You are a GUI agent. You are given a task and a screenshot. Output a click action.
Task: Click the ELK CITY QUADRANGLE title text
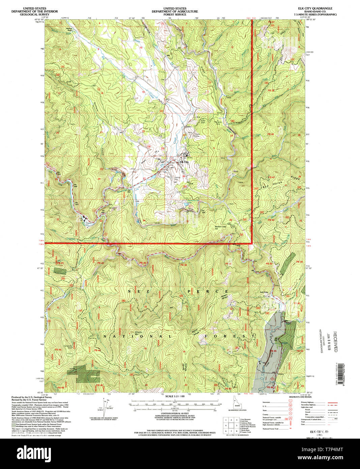[318, 8]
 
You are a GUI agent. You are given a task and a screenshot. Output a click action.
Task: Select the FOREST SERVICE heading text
[175, 15]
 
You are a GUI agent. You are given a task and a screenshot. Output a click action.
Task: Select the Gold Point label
[264, 292]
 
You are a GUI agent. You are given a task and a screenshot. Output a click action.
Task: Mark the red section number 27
[144, 178]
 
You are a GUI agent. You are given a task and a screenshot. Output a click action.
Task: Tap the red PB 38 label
[183, 265]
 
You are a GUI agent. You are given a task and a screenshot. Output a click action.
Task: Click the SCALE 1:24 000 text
[174, 396]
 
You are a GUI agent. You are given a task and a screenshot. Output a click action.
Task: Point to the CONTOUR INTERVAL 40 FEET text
[174, 413]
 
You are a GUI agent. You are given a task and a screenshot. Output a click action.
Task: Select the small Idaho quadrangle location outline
[237, 405]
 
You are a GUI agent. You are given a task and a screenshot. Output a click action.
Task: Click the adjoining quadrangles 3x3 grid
[231, 426]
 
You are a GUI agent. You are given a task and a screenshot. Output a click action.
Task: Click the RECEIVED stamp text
[335, 341]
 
